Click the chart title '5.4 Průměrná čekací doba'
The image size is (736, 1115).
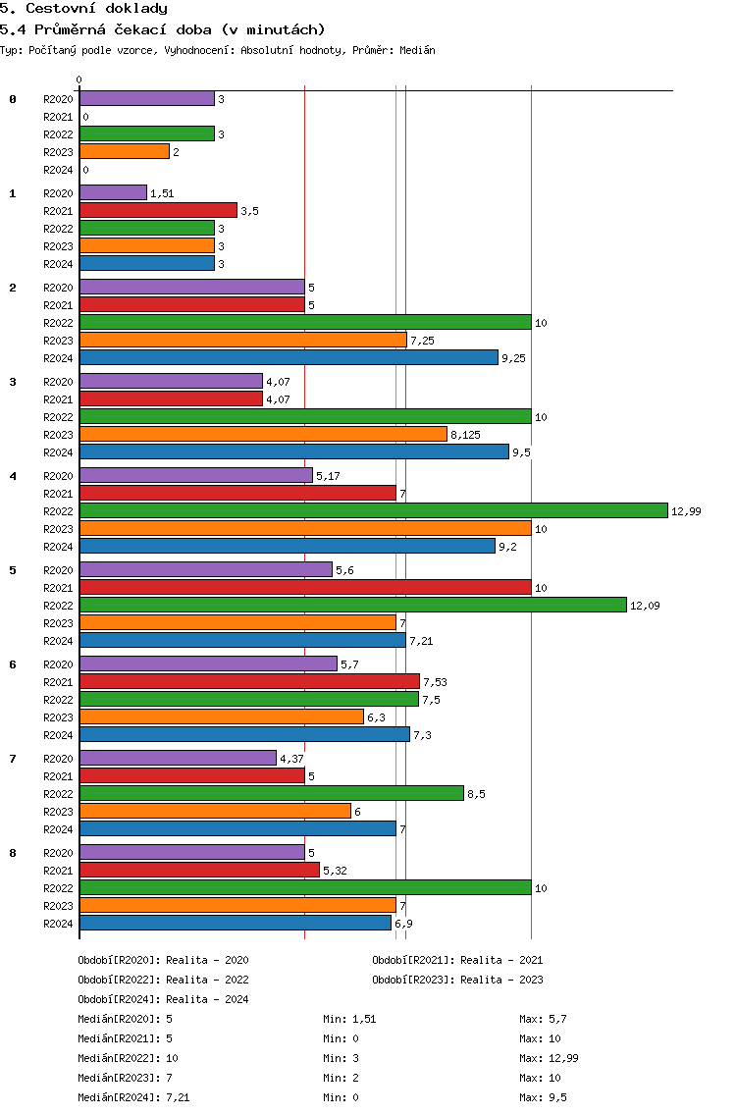pyautogui.click(x=163, y=29)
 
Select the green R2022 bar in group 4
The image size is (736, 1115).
pyautogui.click(x=373, y=510)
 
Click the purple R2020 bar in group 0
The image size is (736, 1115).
pyautogui.click(x=146, y=98)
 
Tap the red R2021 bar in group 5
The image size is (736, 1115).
pyautogui.click(x=305, y=587)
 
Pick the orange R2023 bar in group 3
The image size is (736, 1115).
pyautogui.click(x=263, y=434)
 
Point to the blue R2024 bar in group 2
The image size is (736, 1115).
pyautogui.click(x=289, y=357)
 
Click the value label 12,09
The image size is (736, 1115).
pyautogui.click(x=645, y=606)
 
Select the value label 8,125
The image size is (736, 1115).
pyautogui.click(x=465, y=434)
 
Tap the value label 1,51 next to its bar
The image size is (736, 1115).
pyautogui.click(x=162, y=193)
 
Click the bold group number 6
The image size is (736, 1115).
pyautogui.click(x=13, y=664)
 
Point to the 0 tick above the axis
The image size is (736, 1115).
pyautogui.click(x=79, y=80)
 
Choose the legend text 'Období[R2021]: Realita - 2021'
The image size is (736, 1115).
pyautogui.click(x=457, y=960)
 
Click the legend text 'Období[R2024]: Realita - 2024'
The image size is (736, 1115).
pyautogui.click(x=163, y=999)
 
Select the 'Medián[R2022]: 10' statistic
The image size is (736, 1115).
pyautogui.click(x=128, y=1058)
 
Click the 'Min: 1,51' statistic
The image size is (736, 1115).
pyautogui.click(x=349, y=1019)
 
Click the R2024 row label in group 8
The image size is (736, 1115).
pyautogui.click(x=58, y=924)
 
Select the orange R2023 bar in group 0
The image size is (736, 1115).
pyautogui.click(x=125, y=151)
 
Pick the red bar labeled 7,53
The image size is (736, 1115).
pyautogui.click(x=249, y=681)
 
